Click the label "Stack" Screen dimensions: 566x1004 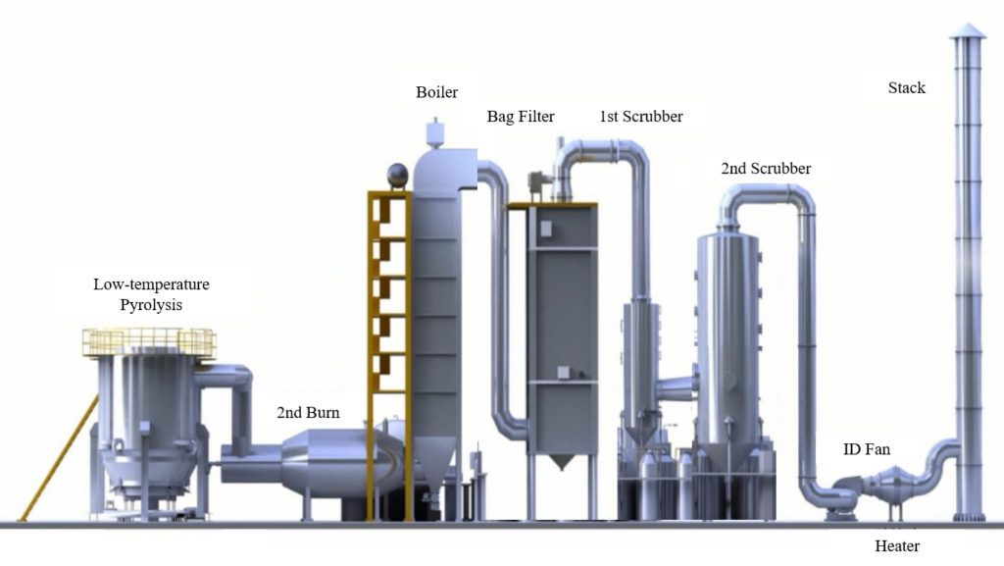pyautogui.click(x=907, y=88)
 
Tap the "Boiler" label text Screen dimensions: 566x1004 pyautogui.click(x=436, y=92)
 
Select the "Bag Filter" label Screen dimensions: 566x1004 pyautogui.click(x=521, y=117)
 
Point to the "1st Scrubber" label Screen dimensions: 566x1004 pyautogui.click(x=641, y=117)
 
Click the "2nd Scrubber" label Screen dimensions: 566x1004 pyautogui.click(x=766, y=169)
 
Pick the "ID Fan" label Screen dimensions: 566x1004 pyautogui.click(x=867, y=450)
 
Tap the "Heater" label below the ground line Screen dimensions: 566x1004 pyautogui.click(x=897, y=545)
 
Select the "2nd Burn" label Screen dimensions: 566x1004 pyautogui.click(x=308, y=413)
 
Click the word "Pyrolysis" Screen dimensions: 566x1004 pyautogui.click(x=151, y=305)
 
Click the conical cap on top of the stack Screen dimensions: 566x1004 pyautogui.click(x=967, y=30)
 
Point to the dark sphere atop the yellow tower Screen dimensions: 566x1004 pyautogui.click(x=397, y=175)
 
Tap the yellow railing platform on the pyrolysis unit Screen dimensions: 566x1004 pyautogui.click(x=148, y=342)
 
